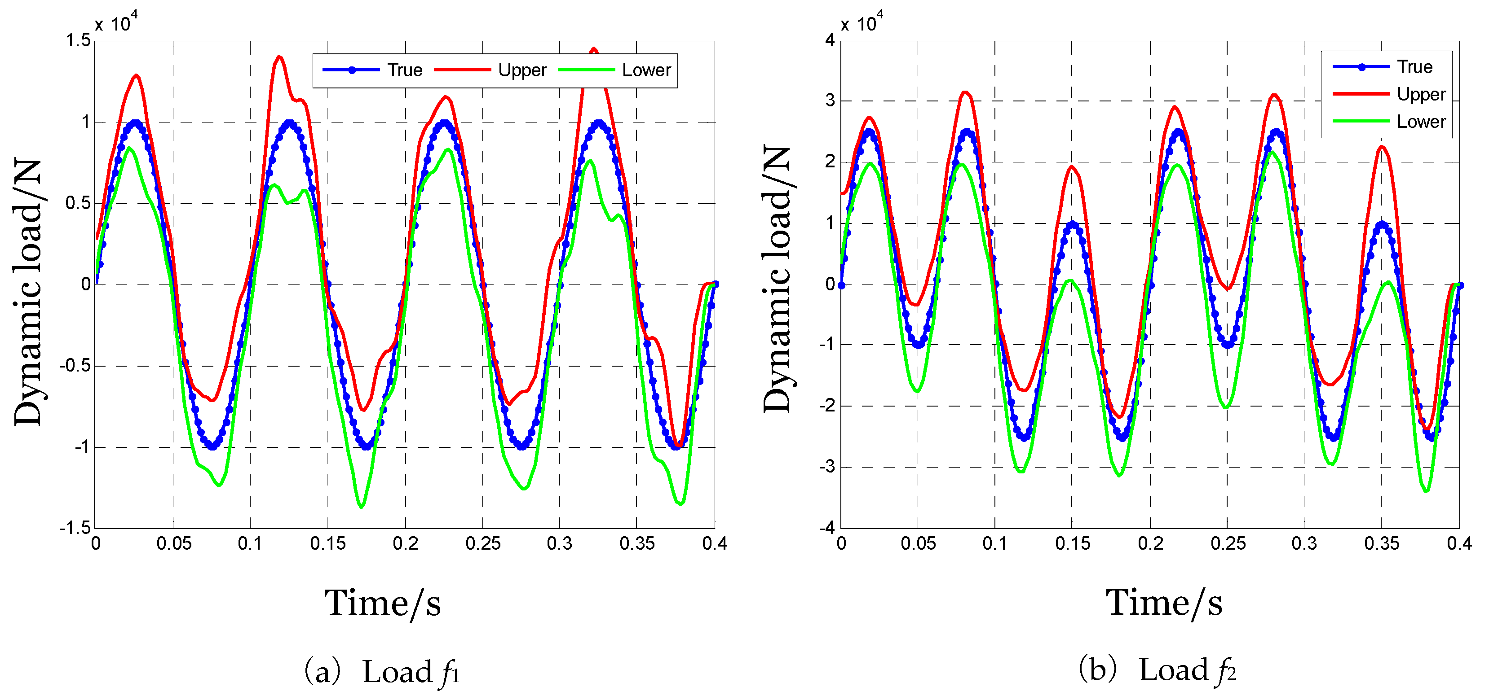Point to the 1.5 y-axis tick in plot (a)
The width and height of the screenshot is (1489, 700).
(x=78, y=40)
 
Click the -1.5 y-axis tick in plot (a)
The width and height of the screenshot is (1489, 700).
(x=75, y=528)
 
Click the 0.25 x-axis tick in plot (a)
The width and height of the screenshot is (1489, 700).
(x=483, y=543)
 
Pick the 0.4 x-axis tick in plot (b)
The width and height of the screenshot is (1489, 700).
(x=1458, y=543)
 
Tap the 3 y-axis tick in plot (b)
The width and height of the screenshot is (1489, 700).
(x=831, y=101)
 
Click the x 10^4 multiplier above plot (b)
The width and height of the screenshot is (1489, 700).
(x=861, y=23)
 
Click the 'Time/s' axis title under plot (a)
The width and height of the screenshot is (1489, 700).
(x=382, y=604)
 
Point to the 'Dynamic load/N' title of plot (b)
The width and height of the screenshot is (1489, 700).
(x=778, y=280)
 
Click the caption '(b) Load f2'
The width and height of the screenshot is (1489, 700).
(x=1157, y=670)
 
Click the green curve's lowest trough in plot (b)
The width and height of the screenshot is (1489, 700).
(x=1427, y=491)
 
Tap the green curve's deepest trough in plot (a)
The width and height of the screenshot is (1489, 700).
(x=362, y=507)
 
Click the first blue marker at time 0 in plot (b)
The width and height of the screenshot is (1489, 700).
(x=842, y=285)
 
